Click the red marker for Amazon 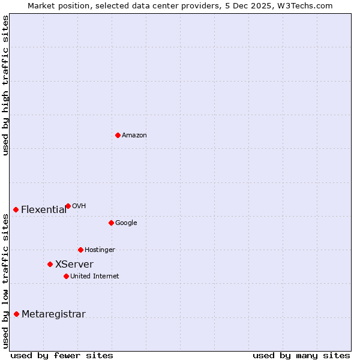pos(118,135)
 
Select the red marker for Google pos(111,223)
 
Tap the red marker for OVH pos(68,206)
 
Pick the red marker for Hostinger pos(80,250)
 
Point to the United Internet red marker pos(66,276)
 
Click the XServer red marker pos(50,264)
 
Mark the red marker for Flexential pos(16,209)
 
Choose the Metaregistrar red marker pos(16,314)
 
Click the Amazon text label pos(134,136)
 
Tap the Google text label pos(126,223)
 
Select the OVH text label pos(79,206)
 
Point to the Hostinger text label pos(100,250)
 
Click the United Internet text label pos(94,277)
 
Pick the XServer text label pos(74,265)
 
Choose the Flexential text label pos(44,210)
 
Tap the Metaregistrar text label pos(53,314)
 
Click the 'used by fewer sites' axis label pos(62,355)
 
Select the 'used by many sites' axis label pos(301,355)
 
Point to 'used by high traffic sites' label pos(5,85)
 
